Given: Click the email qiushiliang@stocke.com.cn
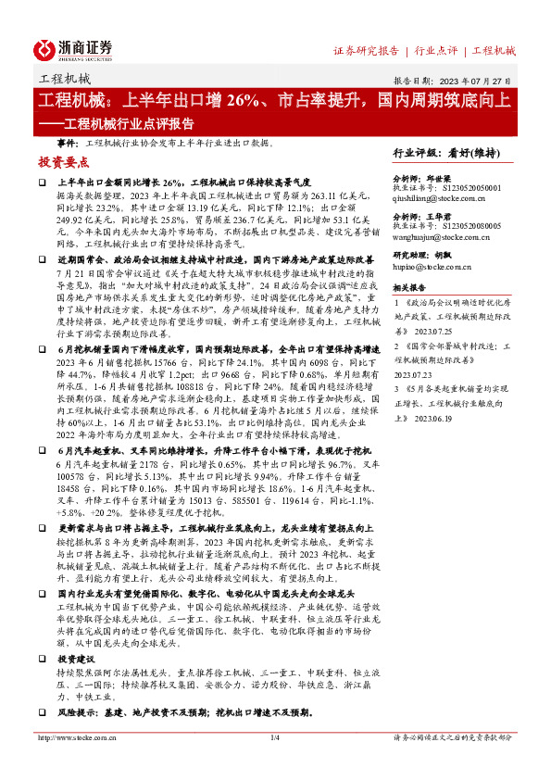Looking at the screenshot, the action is pos(439,197).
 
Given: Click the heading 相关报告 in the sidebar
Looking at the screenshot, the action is pos(410,287).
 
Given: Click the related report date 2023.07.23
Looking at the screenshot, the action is pos(414,375).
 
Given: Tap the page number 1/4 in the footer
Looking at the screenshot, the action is pos(274,763).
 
